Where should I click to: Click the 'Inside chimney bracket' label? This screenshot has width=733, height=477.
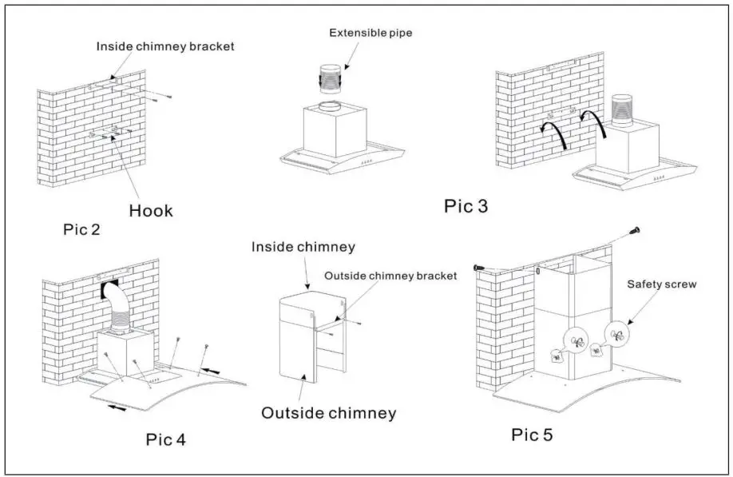(x=165, y=46)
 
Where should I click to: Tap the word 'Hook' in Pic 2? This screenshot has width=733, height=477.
(x=150, y=211)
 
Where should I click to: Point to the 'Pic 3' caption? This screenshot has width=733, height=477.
(x=466, y=207)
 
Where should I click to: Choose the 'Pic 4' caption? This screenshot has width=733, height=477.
(x=167, y=439)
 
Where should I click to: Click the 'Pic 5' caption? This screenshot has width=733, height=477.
(x=532, y=435)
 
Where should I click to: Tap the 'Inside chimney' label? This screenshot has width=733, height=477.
(x=303, y=247)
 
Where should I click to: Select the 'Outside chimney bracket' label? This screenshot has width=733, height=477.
(x=390, y=276)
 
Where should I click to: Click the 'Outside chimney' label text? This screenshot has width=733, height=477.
(x=329, y=413)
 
